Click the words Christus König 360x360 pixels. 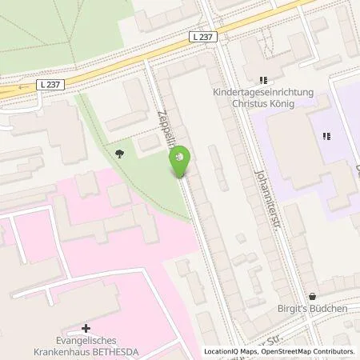pyautogui.click(x=261, y=104)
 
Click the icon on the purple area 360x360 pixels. pyautogui.click(x=326, y=136)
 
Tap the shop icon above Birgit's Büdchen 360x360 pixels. pyautogui.click(x=313, y=295)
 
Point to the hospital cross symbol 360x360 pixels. pyautogui.click(x=86, y=327)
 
